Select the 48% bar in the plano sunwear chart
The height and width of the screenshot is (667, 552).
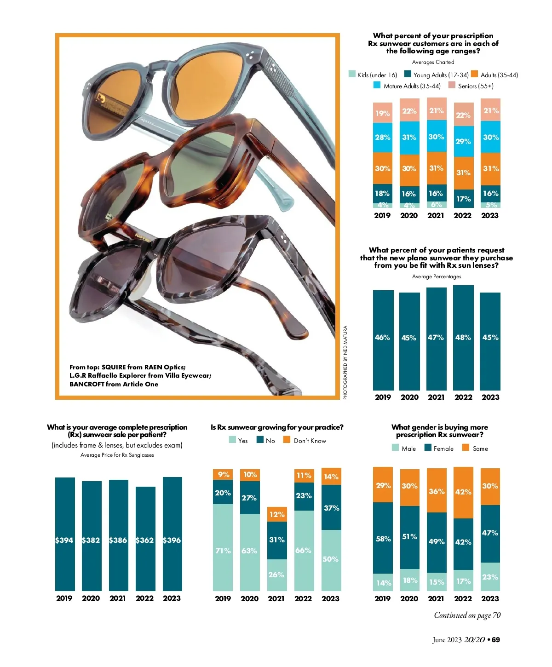463,338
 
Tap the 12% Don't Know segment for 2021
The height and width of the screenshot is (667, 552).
277,514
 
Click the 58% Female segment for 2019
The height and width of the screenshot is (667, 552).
383,538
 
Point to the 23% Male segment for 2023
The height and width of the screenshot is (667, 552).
490,577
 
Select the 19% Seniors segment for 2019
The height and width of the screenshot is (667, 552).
383,113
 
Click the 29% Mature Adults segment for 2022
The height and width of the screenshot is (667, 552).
463,141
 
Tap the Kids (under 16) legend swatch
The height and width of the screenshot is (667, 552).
352,75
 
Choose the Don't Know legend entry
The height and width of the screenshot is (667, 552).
310,441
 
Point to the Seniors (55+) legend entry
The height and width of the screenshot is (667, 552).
475,86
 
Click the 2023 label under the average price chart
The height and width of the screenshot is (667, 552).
172,598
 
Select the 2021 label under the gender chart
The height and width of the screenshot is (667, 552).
436,598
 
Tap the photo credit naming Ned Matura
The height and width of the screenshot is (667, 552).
345,362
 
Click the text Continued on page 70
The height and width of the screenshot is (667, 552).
467,615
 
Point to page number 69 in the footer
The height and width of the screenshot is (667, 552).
496,640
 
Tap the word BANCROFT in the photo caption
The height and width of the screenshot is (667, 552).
86,384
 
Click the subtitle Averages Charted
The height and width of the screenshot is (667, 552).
433,62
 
